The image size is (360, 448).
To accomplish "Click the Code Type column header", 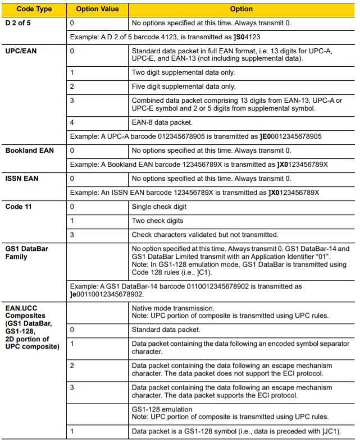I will [34, 9].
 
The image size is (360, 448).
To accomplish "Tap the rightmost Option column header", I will [241, 9].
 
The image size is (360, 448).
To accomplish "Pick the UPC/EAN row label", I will [21, 51].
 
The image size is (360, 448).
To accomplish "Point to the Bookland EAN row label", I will [30, 150].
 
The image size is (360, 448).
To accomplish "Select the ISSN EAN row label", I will [23, 179].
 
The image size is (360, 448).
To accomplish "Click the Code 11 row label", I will [20, 207].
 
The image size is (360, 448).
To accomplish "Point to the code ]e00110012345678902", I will [107, 294].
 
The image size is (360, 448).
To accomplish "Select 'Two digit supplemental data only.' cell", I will [183, 73].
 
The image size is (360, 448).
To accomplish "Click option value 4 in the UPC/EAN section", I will [72, 122].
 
